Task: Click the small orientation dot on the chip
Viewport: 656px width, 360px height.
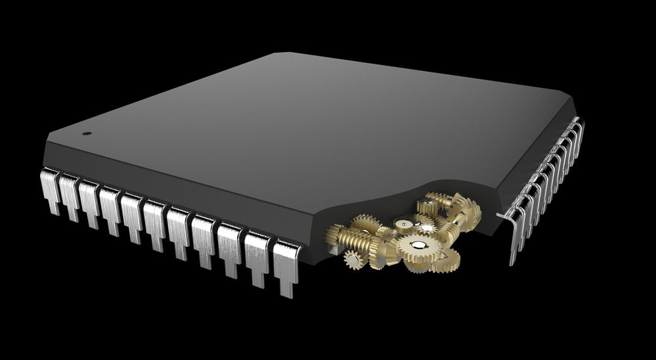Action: pyautogui.click(x=87, y=133)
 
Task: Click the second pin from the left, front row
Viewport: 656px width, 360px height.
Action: pyautogui.click(x=70, y=193)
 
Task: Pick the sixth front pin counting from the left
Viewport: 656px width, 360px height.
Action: pyautogui.click(x=155, y=220)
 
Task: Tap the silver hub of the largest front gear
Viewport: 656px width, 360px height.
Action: pyautogui.click(x=418, y=246)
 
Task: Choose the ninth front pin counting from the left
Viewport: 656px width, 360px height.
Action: pyautogui.click(x=231, y=246)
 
